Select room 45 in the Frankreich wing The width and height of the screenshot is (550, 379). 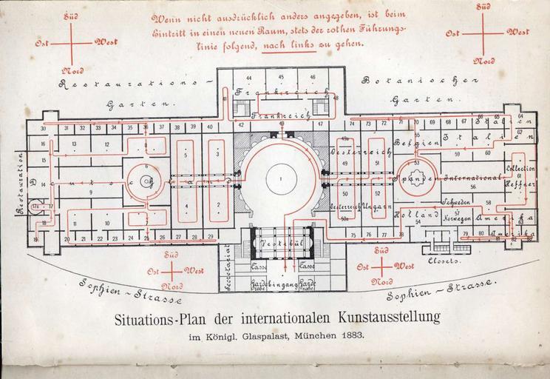281,77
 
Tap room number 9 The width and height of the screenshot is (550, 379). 89,192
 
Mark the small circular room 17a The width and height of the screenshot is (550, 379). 35,206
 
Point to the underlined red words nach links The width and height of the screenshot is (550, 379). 285,44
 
